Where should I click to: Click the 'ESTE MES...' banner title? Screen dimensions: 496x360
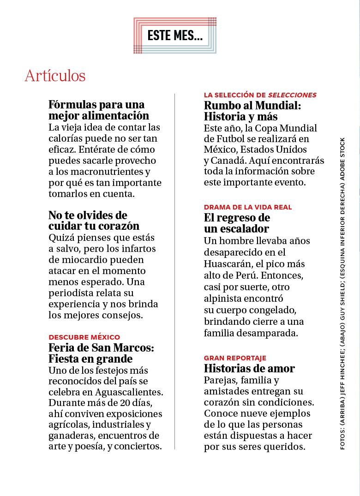(175, 36)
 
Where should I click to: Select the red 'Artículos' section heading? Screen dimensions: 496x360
(55, 76)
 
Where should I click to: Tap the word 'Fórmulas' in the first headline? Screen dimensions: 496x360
(71, 105)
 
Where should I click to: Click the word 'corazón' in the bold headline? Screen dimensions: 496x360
(119, 226)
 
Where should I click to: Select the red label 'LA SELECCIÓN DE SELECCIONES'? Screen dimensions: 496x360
(260, 95)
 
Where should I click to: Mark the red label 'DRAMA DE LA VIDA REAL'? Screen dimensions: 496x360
(248, 207)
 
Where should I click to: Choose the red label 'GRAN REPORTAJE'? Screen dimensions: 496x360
(235, 358)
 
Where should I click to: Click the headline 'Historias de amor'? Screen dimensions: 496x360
(249, 368)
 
